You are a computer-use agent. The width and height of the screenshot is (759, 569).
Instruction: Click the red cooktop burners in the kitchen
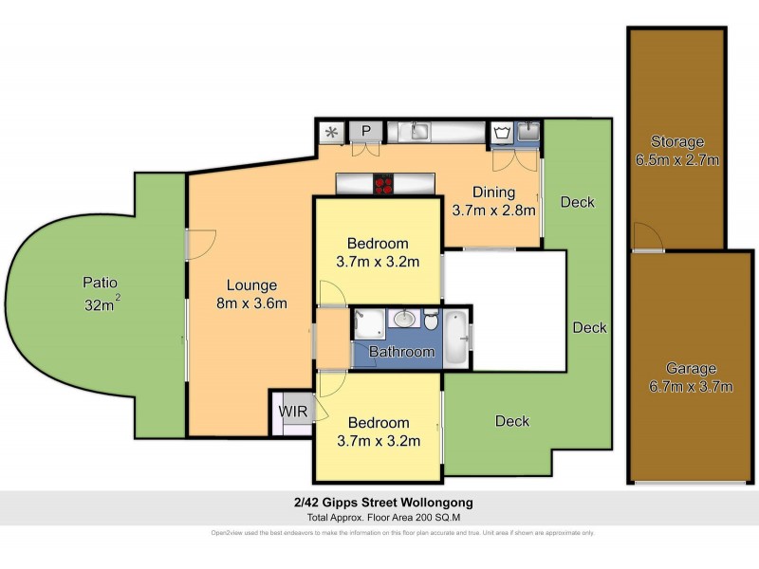coord(383,184)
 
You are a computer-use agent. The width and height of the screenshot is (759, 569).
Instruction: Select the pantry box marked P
coord(364,132)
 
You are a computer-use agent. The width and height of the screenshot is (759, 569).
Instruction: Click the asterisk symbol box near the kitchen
coord(332,132)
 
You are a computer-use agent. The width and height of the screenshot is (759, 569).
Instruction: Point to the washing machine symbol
coord(502,133)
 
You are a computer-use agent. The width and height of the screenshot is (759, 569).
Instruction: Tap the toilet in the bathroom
coord(432,321)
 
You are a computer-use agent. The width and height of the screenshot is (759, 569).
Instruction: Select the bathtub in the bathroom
coord(457,338)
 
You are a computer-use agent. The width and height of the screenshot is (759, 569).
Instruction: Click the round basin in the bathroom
coord(405,319)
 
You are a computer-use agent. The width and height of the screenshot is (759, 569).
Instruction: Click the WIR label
coord(289,413)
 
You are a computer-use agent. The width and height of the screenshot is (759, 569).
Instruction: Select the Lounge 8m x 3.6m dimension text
coord(251,294)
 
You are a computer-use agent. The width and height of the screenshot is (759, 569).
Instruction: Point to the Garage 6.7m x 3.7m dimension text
coord(677,377)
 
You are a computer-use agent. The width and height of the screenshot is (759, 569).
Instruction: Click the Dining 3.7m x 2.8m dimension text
coord(494,201)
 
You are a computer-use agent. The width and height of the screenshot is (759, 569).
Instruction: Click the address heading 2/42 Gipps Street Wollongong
coord(379,502)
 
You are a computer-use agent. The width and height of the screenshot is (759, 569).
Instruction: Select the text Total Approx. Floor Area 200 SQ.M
coord(379,517)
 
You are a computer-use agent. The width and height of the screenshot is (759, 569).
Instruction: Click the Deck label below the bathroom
coord(512,421)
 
